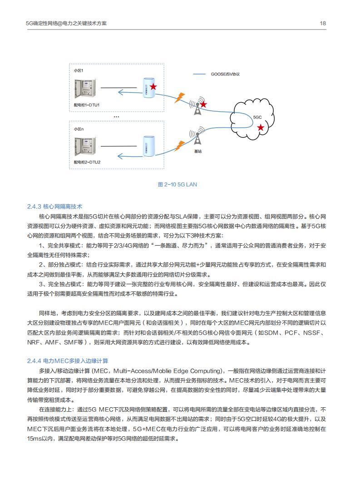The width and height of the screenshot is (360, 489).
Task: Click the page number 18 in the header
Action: pyautogui.click(x=323, y=24)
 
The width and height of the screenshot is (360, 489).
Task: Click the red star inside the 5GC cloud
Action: pyautogui.click(x=261, y=128)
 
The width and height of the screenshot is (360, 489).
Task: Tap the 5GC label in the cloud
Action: pyautogui.click(x=257, y=117)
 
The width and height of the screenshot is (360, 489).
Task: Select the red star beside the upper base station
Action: pyautogui.click(x=204, y=104)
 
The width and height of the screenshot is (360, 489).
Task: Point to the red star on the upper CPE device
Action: pyautogui.click(x=153, y=86)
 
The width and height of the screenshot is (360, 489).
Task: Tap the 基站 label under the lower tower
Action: pyautogui.click(x=197, y=151)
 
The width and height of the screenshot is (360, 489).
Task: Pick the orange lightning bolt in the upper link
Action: pyautogui.click(x=180, y=97)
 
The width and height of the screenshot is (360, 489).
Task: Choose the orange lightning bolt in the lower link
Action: pyautogui.click(x=180, y=145)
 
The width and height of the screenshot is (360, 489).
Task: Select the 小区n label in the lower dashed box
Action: pyautogui.click(x=79, y=129)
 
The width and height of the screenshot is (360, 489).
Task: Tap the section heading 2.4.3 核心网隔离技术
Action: pyautogui.click(x=54, y=207)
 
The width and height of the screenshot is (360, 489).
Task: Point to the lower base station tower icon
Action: pyautogui.click(x=197, y=138)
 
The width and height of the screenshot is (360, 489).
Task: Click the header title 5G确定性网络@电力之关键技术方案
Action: pyautogui.click(x=66, y=24)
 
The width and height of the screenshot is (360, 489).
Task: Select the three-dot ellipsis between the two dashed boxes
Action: pyautogui.click(x=116, y=117)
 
